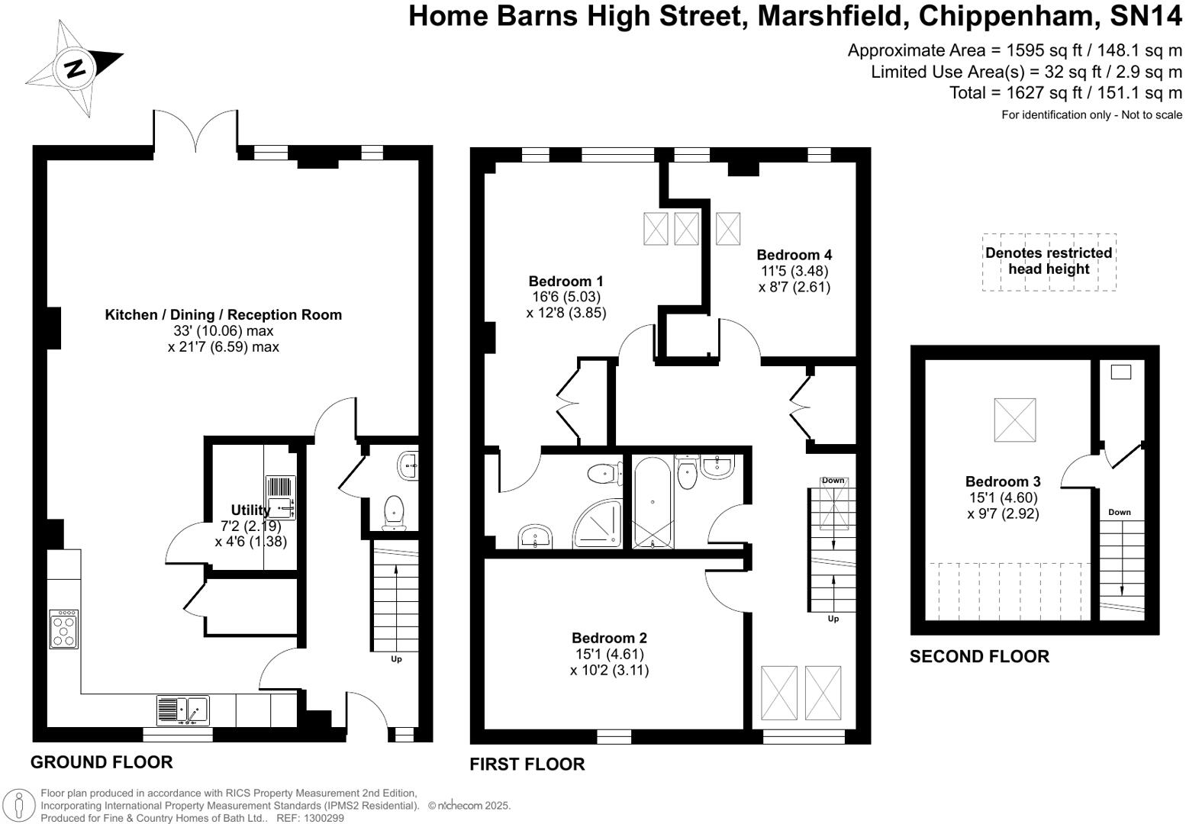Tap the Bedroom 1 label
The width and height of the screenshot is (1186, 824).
point(566,281)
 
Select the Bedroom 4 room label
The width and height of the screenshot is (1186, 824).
point(794,255)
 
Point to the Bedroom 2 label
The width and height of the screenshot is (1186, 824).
point(609,638)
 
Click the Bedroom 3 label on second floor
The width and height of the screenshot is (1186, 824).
point(1003,481)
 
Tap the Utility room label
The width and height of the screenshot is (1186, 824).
point(250,510)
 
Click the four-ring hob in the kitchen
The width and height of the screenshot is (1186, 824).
point(63,629)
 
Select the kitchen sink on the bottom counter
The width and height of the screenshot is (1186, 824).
point(183,710)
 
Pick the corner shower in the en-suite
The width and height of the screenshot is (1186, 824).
point(598,523)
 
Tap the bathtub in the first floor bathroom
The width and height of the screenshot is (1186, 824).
point(653,502)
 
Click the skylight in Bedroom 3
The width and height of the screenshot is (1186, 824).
point(1015,420)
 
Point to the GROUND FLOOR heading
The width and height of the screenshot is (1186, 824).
point(102,762)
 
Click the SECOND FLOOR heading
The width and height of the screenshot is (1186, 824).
point(979,657)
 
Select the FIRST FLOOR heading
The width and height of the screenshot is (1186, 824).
point(527,764)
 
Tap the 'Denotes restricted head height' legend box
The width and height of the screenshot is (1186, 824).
point(1049,262)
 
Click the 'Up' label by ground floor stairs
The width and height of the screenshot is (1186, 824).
point(396,659)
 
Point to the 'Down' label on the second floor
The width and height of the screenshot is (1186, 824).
point(1120,512)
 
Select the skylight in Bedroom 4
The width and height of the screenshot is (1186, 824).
point(728,229)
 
